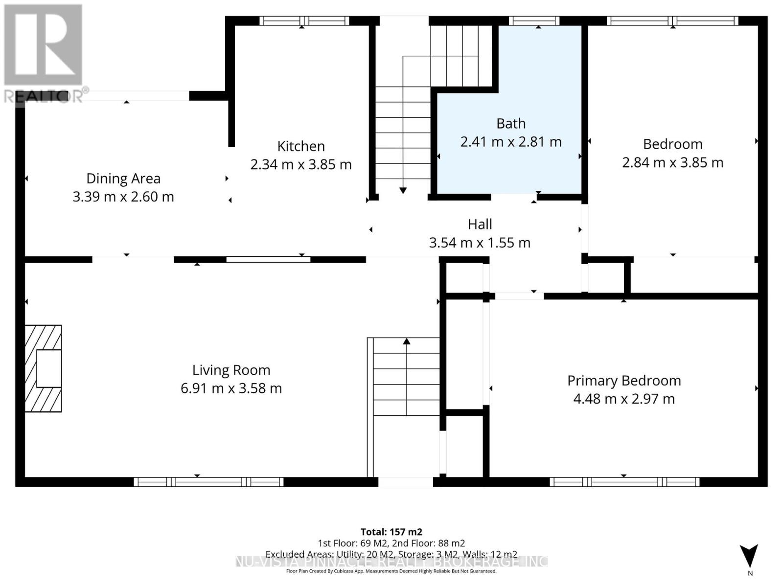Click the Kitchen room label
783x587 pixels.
[x=301, y=146]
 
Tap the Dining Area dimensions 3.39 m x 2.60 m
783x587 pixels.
[x=123, y=197]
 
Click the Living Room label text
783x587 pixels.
[x=231, y=370]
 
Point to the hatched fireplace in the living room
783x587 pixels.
[x=43, y=368]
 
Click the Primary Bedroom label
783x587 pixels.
[x=624, y=381]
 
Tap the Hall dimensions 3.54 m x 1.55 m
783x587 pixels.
[x=480, y=243]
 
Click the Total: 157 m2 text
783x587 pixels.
[x=391, y=532]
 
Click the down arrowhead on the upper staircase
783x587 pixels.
[x=403, y=190]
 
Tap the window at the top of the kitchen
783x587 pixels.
[x=304, y=21]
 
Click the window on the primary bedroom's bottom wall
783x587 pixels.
[x=624, y=482]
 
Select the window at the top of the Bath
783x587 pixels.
[x=534, y=21]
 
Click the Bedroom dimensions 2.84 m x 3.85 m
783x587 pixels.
[x=672, y=162]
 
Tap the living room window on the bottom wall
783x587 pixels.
[x=208, y=482]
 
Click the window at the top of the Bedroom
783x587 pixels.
[x=672, y=21]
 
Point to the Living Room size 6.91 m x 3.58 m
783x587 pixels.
[x=231, y=388]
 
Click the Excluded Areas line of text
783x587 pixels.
[x=391, y=554]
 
